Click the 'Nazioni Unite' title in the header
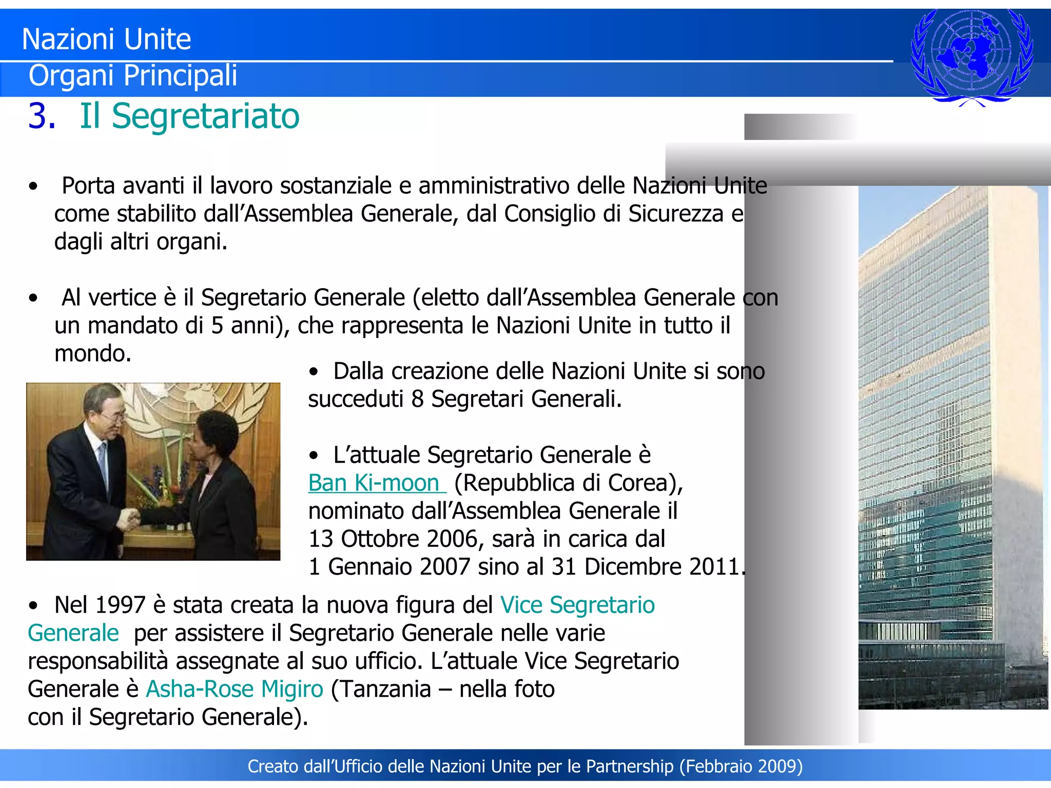106,40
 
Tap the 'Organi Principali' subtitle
133,75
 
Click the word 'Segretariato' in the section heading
205,116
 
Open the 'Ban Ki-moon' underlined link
374,483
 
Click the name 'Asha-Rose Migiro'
235,689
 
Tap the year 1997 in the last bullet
120,605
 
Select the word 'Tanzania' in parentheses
385,689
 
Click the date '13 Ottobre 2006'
393,539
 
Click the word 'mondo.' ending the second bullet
93,353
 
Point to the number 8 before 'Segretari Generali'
417,399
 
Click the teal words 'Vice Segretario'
577,605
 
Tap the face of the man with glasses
104,408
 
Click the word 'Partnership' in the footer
630,766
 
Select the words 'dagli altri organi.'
141,242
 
